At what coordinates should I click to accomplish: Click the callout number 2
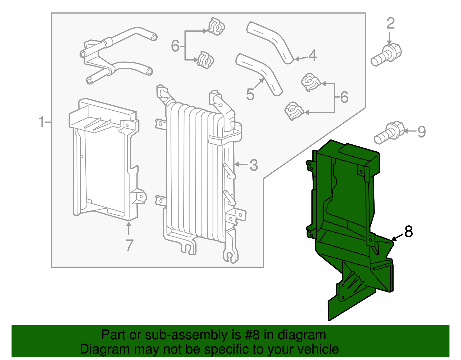pyautogui.click(x=390, y=23)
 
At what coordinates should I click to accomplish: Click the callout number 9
pyautogui.click(x=422, y=132)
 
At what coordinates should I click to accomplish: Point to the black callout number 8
pyautogui.click(x=409, y=231)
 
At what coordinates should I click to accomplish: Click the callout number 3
pyautogui.click(x=254, y=165)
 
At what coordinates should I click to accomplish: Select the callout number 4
pyautogui.click(x=312, y=55)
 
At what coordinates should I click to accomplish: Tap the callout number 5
pyautogui.click(x=250, y=95)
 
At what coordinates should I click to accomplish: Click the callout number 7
pyautogui.click(x=129, y=245)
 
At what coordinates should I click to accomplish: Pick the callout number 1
pyautogui.click(x=42, y=122)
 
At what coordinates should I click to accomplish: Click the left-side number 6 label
pyautogui.click(x=175, y=46)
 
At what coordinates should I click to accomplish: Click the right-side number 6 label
pyautogui.click(x=344, y=97)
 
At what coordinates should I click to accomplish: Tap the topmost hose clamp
pyautogui.click(x=216, y=27)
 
